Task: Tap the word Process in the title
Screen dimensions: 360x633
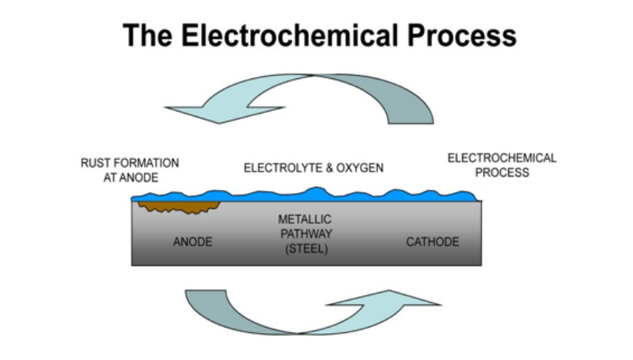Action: tap(461, 36)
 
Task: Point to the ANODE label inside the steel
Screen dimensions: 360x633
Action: tap(192, 241)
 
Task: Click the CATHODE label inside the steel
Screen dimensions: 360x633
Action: tap(432, 241)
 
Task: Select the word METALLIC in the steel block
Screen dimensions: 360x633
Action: tap(303, 218)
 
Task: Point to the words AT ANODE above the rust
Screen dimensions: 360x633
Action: tap(131, 178)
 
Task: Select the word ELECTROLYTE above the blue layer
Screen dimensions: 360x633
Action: tap(281, 169)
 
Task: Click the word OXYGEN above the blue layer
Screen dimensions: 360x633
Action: tap(362, 169)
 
